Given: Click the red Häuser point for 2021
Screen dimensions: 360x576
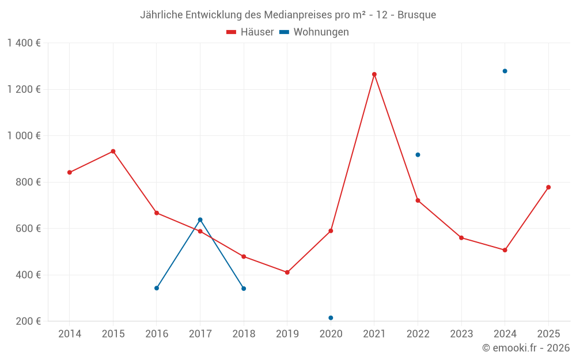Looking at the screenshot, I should pos(374,74).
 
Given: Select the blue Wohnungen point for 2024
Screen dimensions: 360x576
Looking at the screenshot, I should pos(505,71).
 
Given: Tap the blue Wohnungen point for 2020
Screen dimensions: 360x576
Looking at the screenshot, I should pos(331,318).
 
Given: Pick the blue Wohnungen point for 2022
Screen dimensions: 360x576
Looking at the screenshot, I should pos(418,155).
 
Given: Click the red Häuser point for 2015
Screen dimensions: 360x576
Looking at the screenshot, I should pos(113,151).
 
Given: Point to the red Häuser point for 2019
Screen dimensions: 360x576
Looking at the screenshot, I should pos(287,272).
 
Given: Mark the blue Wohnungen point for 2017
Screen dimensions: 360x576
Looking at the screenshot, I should pos(200,219).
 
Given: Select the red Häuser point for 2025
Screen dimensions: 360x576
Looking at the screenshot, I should pos(548,187).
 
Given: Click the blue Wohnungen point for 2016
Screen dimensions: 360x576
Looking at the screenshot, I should pos(157,288).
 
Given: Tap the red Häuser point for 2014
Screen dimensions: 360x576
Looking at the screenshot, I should pos(70,172).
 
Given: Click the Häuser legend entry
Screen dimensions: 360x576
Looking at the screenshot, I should pos(250,32).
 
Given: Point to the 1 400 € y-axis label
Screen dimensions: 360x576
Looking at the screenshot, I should pos(24,43).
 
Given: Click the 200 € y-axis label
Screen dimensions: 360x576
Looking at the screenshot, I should pos(27,321).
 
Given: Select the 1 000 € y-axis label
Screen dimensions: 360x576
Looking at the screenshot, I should pos(24,136).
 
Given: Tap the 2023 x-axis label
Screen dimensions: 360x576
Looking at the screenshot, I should pos(461,334).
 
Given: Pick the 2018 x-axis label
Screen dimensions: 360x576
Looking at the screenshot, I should pos(244,334).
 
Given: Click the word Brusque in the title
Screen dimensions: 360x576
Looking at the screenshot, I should pos(416,14).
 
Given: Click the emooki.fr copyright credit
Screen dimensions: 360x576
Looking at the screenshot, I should pos(526,348).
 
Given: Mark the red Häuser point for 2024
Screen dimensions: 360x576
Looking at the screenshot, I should pos(505,250).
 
